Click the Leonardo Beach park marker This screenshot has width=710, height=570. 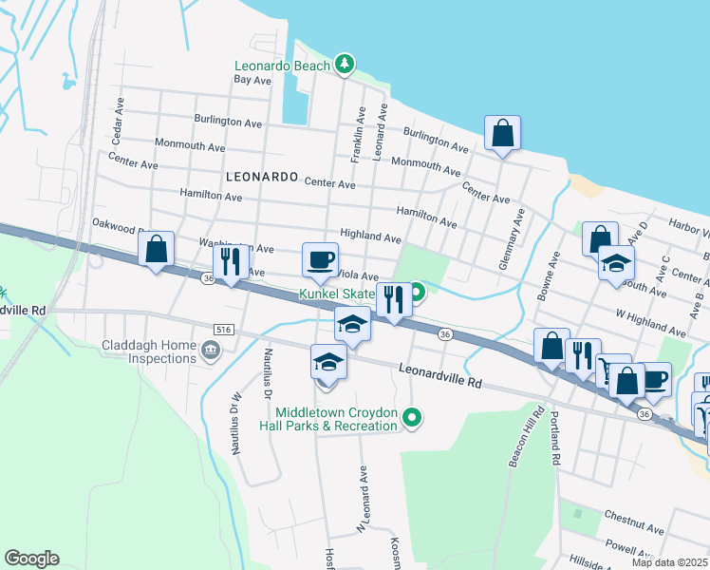click(345, 66)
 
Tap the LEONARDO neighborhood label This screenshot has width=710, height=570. click(262, 178)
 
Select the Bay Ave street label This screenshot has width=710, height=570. click(253, 81)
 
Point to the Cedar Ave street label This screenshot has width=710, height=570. click(119, 124)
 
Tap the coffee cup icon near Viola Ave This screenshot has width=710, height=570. click(320, 258)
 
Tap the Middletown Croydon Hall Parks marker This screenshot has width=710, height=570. click(411, 417)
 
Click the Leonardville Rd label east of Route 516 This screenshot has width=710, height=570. click(440, 375)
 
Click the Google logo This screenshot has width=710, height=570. click(31, 559)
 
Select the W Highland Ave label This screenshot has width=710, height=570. click(650, 323)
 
